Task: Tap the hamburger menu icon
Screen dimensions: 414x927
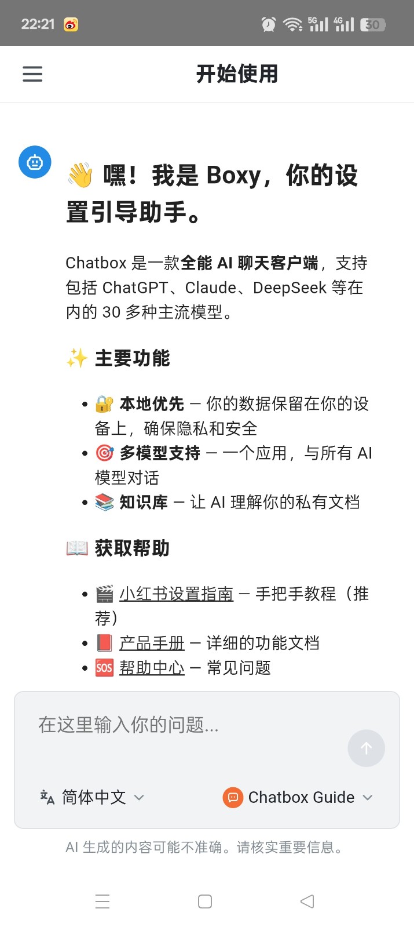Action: pyautogui.click(x=32, y=74)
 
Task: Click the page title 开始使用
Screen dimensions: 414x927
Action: pyautogui.click(x=237, y=74)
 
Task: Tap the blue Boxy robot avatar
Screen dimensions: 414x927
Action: pyautogui.click(x=35, y=162)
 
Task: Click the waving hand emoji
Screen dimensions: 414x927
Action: pyautogui.click(x=80, y=176)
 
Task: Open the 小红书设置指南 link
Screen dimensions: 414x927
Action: pyautogui.click(x=176, y=594)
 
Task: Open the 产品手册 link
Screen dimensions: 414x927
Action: pyautogui.click(x=152, y=643)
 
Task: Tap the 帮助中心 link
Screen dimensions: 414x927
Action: pyautogui.click(x=152, y=668)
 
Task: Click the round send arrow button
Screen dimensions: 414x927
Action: pyautogui.click(x=366, y=748)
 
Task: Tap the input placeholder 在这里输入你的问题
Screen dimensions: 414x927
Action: pyautogui.click(x=129, y=725)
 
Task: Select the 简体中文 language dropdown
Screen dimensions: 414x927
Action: pyautogui.click(x=93, y=797)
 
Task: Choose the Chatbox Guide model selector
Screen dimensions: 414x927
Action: pyautogui.click(x=301, y=798)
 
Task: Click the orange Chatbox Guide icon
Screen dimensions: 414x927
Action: pyautogui.click(x=232, y=798)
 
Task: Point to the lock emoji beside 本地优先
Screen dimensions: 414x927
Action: pyautogui.click(x=104, y=403)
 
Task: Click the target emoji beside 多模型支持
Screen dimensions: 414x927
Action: pyautogui.click(x=104, y=453)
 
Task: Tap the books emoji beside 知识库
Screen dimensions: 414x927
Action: pyautogui.click(x=104, y=502)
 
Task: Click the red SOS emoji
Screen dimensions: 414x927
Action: pyautogui.click(x=104, y=668)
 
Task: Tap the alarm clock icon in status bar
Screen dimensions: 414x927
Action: pyautogui.click(x=269, y=24)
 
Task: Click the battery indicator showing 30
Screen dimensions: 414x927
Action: pyautogui.click(x=373, y=24)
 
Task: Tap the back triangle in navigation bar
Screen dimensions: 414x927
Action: pyautogui.click(x=307, y=901)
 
